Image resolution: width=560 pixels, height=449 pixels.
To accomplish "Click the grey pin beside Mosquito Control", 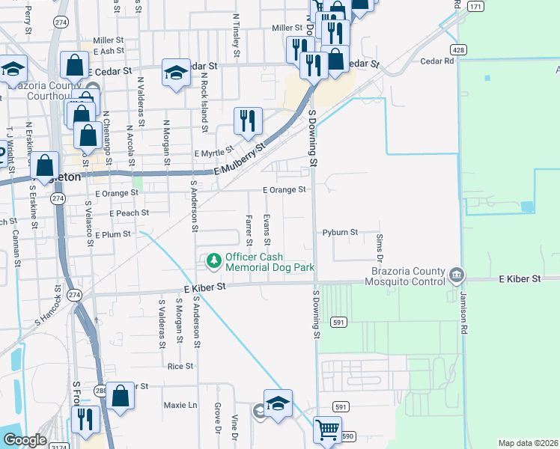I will (457, 276).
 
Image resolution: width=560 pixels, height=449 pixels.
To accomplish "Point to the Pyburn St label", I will (341, 233).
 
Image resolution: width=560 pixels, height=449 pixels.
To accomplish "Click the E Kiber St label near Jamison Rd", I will (520, 279).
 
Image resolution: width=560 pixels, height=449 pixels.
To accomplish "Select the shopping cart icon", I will (327, 430).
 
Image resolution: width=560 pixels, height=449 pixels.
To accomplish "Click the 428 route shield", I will (459, 49).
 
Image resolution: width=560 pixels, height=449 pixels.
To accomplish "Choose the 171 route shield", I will (475, 6).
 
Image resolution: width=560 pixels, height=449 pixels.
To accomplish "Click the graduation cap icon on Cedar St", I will (176, 73).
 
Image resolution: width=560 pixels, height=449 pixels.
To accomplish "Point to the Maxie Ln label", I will (180, 405).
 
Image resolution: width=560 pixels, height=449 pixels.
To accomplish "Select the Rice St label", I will (180, 366).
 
